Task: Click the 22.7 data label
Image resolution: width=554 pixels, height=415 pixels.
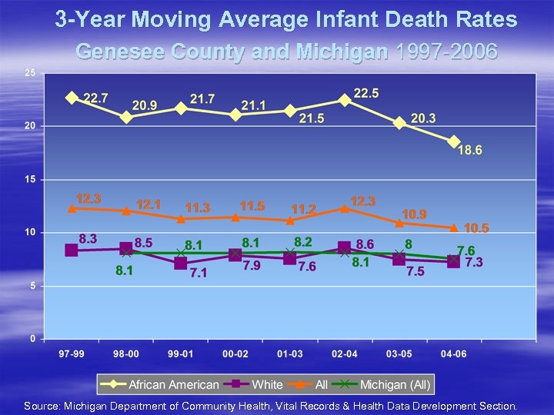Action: point(96,98)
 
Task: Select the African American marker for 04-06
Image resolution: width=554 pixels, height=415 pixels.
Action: point(454,142)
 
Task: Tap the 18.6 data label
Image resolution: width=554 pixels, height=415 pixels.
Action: point(470,151)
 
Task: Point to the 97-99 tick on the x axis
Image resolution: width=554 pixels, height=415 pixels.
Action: point(72,354)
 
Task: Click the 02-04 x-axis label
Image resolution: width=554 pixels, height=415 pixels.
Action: point(345,354)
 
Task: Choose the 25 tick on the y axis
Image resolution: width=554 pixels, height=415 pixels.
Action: point(29,73)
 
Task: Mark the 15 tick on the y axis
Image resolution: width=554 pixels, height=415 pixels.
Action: point(29,180)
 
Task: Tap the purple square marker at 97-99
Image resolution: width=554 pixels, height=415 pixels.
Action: point(72,251)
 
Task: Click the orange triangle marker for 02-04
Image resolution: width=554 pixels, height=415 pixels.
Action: point(345,207)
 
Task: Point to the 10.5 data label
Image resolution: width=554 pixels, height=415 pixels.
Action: point(476,228)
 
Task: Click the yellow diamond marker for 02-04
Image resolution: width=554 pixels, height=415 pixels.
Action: point(345,100)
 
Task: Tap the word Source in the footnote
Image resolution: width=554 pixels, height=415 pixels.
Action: point(43,406)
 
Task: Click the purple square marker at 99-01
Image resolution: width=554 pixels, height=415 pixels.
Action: point(181,264)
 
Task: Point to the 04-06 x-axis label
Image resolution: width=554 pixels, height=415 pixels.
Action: point(454,354)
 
